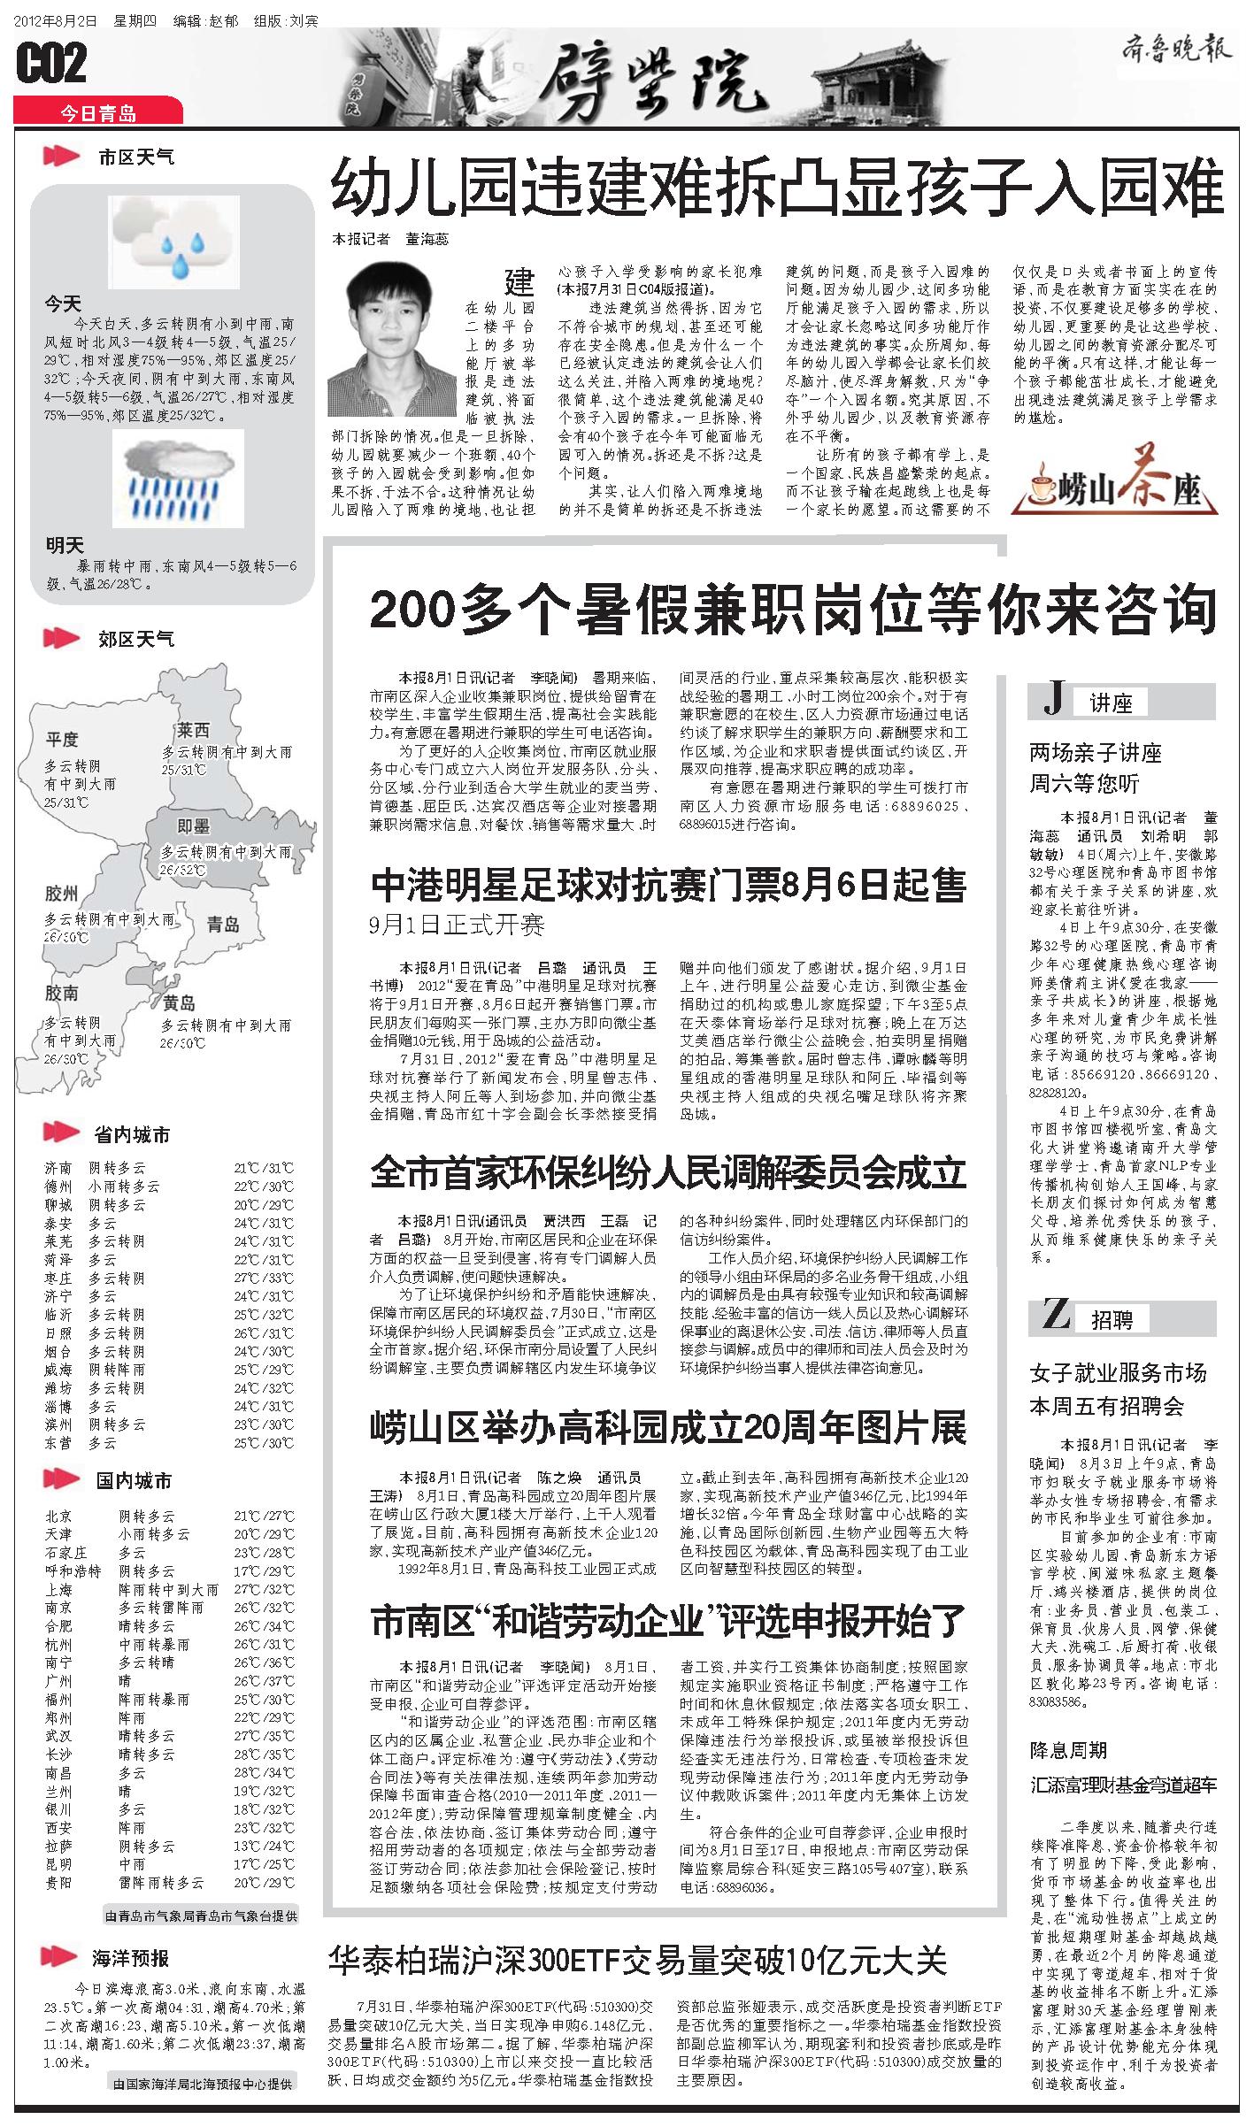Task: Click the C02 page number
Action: point(52,64)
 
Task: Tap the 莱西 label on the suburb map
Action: point(192,730)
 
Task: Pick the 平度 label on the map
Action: point(62,740)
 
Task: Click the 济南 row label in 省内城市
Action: point(58,1168)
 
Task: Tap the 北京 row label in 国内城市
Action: point(58,1516)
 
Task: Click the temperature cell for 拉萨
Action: point(263,1847)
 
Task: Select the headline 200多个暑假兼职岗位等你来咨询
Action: point(793,610)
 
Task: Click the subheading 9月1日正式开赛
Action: point(457,926)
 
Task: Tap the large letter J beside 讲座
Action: point(1052,701)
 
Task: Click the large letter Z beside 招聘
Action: point(1056,1316)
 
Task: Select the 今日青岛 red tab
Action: point(98,112)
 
